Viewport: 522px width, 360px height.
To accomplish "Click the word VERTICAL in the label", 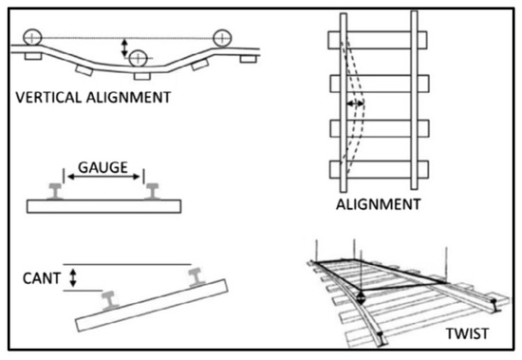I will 48,97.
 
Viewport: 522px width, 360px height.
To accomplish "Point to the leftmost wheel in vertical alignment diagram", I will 32,37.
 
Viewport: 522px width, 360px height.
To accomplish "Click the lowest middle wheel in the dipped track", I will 138,59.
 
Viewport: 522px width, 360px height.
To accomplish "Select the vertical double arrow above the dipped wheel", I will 122,47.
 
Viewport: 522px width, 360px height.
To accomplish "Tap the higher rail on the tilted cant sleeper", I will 199,275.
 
